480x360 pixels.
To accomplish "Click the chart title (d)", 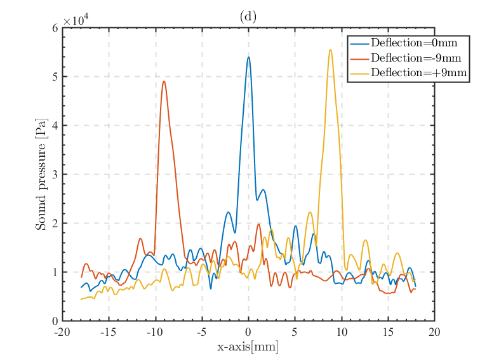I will [x=248, y=17].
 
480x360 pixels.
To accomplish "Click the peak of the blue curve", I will [x=248, y=57].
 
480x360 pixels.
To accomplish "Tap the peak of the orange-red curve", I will [x=164, y=81].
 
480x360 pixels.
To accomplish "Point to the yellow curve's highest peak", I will [x=330, y=50].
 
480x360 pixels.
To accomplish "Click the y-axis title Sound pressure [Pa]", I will [x=41, y=174].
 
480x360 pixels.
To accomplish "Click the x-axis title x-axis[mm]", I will [x=248, y=347].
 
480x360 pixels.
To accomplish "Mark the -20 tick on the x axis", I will [x=62, y=332].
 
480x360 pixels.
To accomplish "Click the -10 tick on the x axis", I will [x=155, y=332].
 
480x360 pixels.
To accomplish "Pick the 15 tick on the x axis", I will [x=388, y=332].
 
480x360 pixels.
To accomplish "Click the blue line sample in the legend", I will [x=359, y=43].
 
